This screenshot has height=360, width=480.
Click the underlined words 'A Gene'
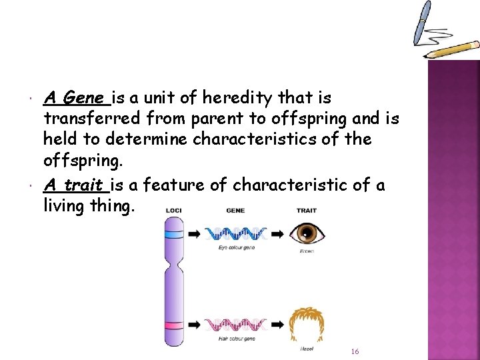[75, 99]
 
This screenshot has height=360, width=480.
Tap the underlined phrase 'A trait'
[73, 185]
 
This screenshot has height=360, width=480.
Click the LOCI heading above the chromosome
[175, 211]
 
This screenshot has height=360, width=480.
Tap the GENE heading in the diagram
[235, 211]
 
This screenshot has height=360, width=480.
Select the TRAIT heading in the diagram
[306, 211]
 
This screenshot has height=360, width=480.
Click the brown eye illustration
[307, 233]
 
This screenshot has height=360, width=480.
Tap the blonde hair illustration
[307, 325]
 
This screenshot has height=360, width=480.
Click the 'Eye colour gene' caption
[237, 247]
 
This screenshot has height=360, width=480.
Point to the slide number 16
[355, 351]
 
